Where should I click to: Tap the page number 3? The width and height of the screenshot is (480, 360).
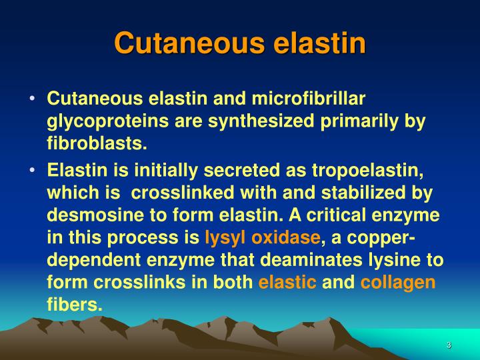pyautogui.click(x=449, y=345)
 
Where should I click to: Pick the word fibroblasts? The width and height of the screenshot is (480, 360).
pyautogui.click(x=96, y=144)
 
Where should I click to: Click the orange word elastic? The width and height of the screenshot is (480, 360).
pyautogui.click(x=287, y=282)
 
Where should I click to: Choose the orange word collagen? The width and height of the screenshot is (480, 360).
pyautogui.click(x=398, y=282)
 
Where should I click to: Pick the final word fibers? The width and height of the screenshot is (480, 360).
pyautogui.click(x=75, y=305)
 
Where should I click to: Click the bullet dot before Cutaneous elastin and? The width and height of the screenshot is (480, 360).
pyautogui.click(x=33, y=99)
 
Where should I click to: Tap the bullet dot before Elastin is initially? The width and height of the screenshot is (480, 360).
pyautogui.click(x=33, y=169)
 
